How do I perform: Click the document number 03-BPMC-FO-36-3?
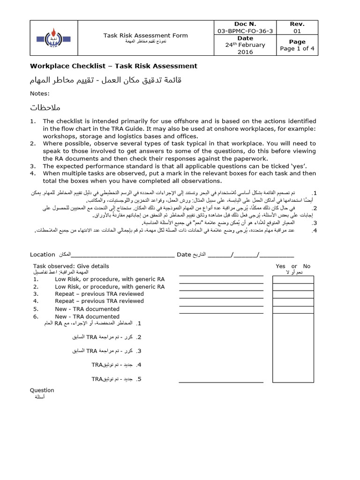click(245, 31)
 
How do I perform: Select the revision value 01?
click(297, 31)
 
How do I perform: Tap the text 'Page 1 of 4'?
click(297, 48)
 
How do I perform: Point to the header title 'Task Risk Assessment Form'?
click(145, 35)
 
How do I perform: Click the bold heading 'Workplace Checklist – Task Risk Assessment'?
click(113, 66)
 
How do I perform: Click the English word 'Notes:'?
click(40, 93)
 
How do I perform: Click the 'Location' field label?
click(43, 255)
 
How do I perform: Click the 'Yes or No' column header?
click(293, 266)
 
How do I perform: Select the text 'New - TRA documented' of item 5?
click(87, 309)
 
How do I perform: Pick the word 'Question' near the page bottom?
click(42, 390)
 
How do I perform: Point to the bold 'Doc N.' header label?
click(245, 24)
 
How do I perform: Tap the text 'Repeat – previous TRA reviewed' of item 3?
click(99, 294)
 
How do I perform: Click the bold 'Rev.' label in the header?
click(297, 24)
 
